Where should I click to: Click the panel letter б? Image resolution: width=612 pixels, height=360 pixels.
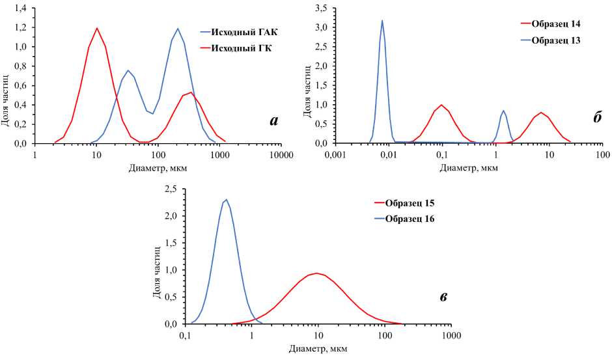(x=597, y=118)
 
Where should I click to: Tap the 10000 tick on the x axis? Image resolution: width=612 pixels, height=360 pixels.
(x=281, y=154)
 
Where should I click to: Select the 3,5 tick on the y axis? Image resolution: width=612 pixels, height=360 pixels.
(x=319, y=8)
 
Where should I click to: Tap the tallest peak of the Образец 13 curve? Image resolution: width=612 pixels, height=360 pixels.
(x=382, y=20)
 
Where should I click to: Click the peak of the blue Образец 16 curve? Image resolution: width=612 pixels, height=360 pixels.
(x=226, y=199)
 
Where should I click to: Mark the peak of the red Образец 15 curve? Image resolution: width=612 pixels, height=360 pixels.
(x=316, y=273)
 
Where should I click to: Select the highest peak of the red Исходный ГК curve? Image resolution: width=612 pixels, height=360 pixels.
(x=97, y=28)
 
